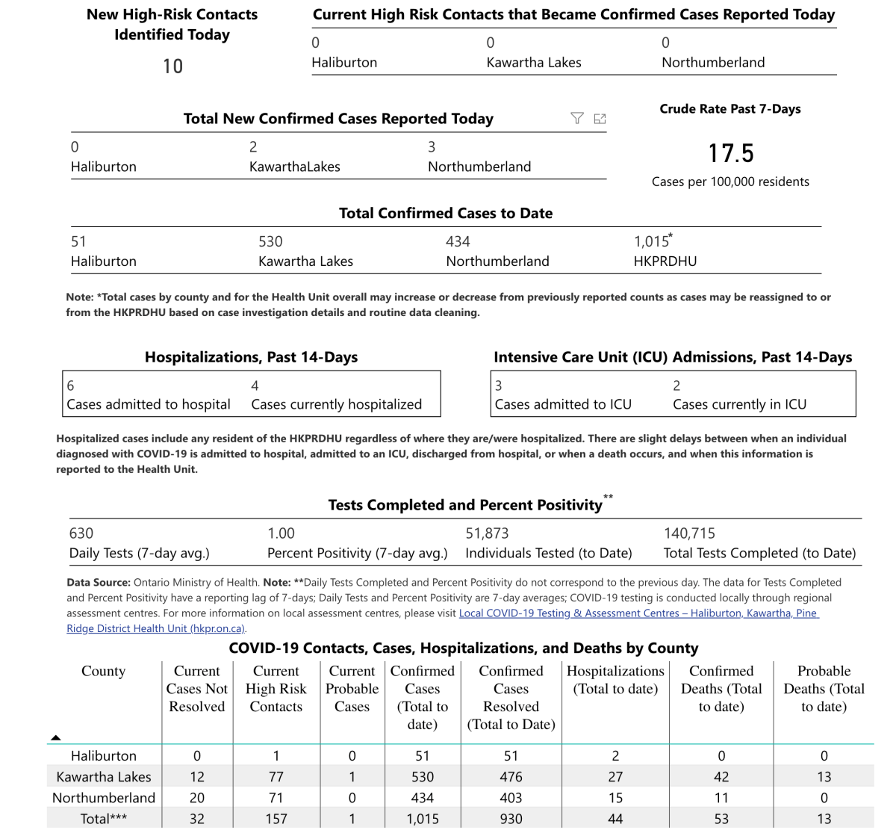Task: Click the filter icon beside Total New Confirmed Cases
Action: [x=576, y=118]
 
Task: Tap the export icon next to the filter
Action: [x=600, y=118]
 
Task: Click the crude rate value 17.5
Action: [x=730, y=154]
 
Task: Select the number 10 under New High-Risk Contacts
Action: [x=172, y=66]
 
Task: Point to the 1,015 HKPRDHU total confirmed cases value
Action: [x=652, y=241]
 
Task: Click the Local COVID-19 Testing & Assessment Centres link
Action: [x=638, y=613]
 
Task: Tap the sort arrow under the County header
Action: [x=56, y=737]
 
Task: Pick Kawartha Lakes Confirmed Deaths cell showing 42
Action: [x=721, y=777]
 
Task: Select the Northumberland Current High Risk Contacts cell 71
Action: [x=276, y=798]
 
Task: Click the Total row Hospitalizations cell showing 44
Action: [x=615, y=819]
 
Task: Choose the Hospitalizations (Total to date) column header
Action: [x=615, y=680]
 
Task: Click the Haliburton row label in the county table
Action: [x=104, y=756]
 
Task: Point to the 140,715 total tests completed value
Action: [x=689, y=533]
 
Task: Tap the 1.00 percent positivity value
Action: [x=281, y=533]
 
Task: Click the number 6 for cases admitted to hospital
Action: [x=71, y=386]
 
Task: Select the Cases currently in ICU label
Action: [x=739, y=404]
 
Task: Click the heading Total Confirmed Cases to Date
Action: [x=446, y=214]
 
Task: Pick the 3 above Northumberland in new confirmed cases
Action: [x=432, y=147]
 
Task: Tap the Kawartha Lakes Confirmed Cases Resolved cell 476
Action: [x=511, y=777]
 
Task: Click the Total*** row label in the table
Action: [x=104, y=819]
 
